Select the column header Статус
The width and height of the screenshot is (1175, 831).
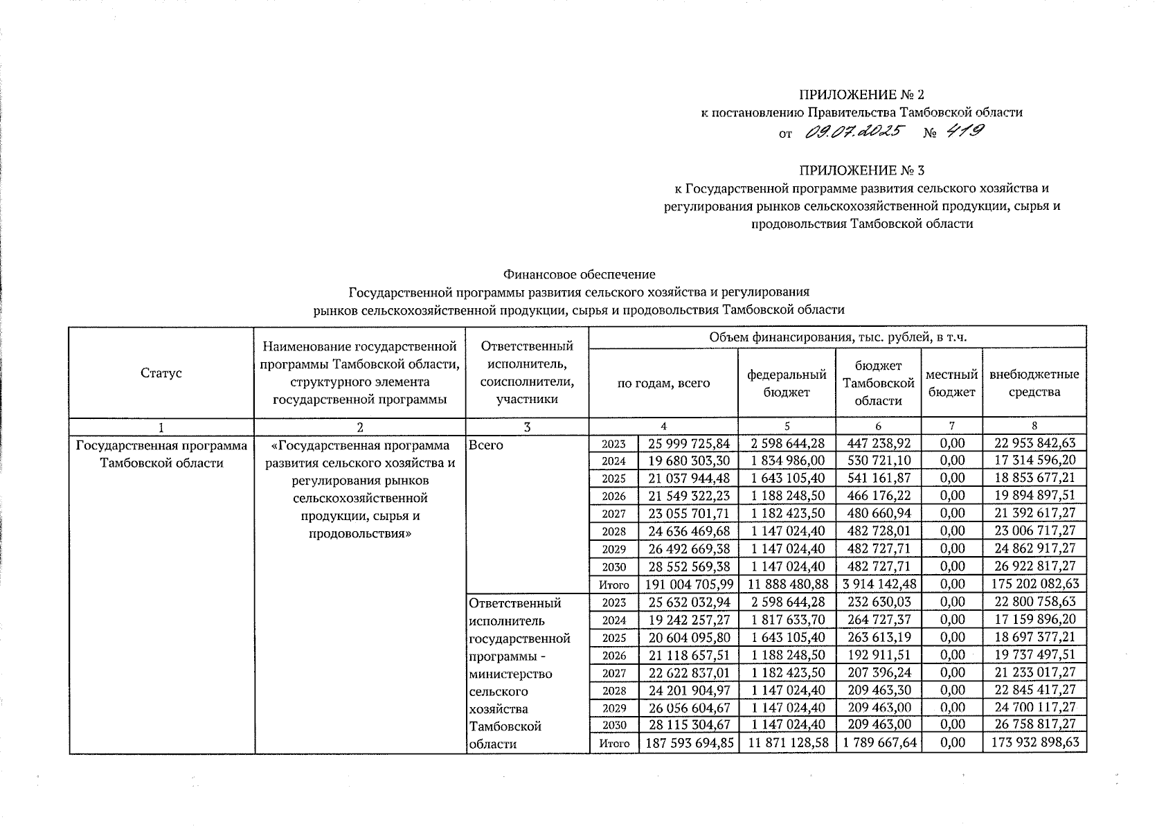[161, 373]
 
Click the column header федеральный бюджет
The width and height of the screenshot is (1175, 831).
[787, 383]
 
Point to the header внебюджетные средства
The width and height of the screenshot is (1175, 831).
[1034, 383]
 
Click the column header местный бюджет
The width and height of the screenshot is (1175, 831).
[951, 383]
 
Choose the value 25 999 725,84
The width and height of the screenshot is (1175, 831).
[687, 443]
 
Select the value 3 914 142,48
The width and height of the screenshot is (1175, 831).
[877, 584]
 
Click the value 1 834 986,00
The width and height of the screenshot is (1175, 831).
[787, 461]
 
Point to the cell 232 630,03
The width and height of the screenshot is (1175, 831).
[877, 602]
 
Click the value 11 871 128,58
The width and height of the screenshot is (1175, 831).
[787, 743]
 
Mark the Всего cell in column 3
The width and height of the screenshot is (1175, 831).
[486, 445]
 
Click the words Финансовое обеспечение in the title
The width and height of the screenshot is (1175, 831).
[579, 275]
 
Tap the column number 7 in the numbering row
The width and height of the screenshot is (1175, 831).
[951, 427]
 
